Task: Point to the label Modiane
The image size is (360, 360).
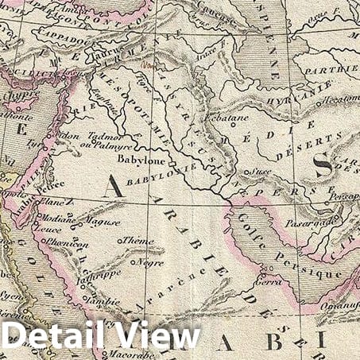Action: (58, 215)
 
